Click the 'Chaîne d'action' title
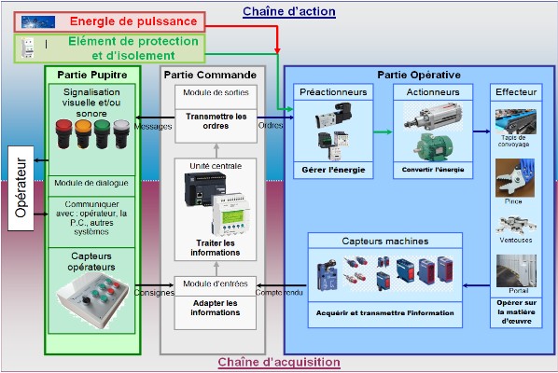pyautogui.click(x=288, y=11)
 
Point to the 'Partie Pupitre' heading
pyautogui.click(x=93, y=74)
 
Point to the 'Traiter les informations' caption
pyautogui.click(x=215, y=247)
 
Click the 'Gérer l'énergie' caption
pyautogui.click(x=333, y=170)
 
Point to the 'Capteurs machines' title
pyautogui.click(x=385, y=241)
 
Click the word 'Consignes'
pyautogui.click(x=154, y=291)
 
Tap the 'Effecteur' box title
pyautogui.click(x=516, y=92)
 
